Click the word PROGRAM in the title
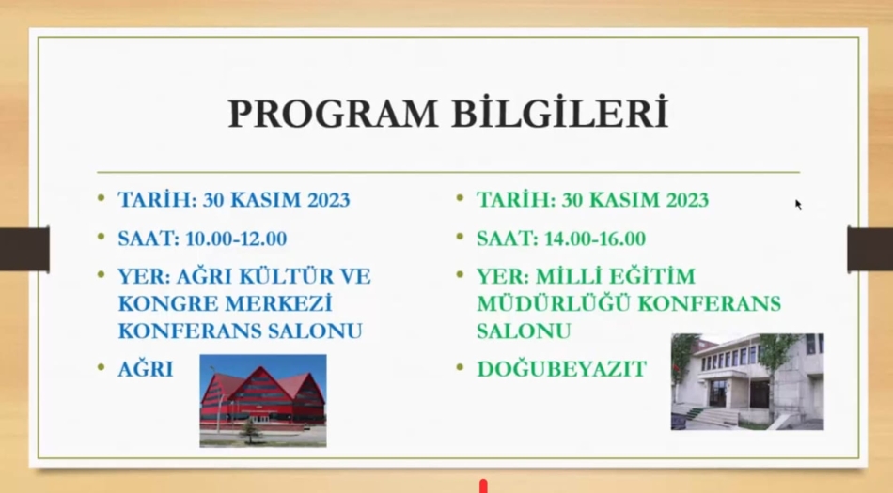pos(333,114)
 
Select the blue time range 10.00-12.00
pos(236,239)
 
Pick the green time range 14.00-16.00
pos(595,239)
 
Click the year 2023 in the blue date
pos(329,200)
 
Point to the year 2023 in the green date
pos(687,200)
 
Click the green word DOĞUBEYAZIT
pos(561,369)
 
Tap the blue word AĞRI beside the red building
pos(145,368)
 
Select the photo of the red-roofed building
pos(263,400)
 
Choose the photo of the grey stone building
pos(747,381)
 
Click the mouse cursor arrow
pos(798,205)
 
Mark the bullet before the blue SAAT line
pos(102,236)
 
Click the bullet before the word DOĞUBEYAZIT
pos(461,367)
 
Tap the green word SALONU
pos(524,331)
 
